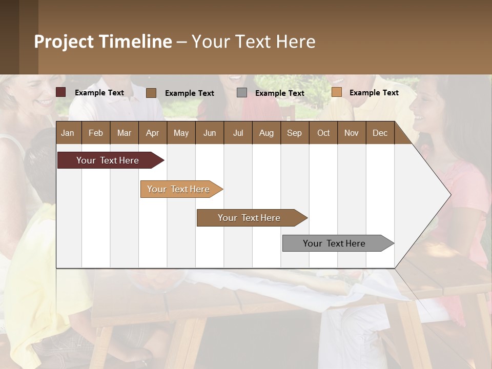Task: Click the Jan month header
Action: point(68,133)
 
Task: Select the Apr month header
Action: point(152,133)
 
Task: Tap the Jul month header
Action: point(238,133)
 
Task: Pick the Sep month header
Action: point(294,133)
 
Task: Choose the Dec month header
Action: point(380,133)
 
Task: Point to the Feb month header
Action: point(96,133)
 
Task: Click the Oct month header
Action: point(323,133)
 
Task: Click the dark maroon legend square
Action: point(61,92)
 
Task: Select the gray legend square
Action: point(242,93)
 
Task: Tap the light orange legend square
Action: point(336,92)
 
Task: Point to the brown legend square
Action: point(151,93)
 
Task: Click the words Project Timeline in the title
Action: point(103,42)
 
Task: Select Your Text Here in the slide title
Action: point(253,42)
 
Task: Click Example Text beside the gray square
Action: point(280,93)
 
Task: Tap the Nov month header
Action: point(352,133)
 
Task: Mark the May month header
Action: point(181,133)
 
